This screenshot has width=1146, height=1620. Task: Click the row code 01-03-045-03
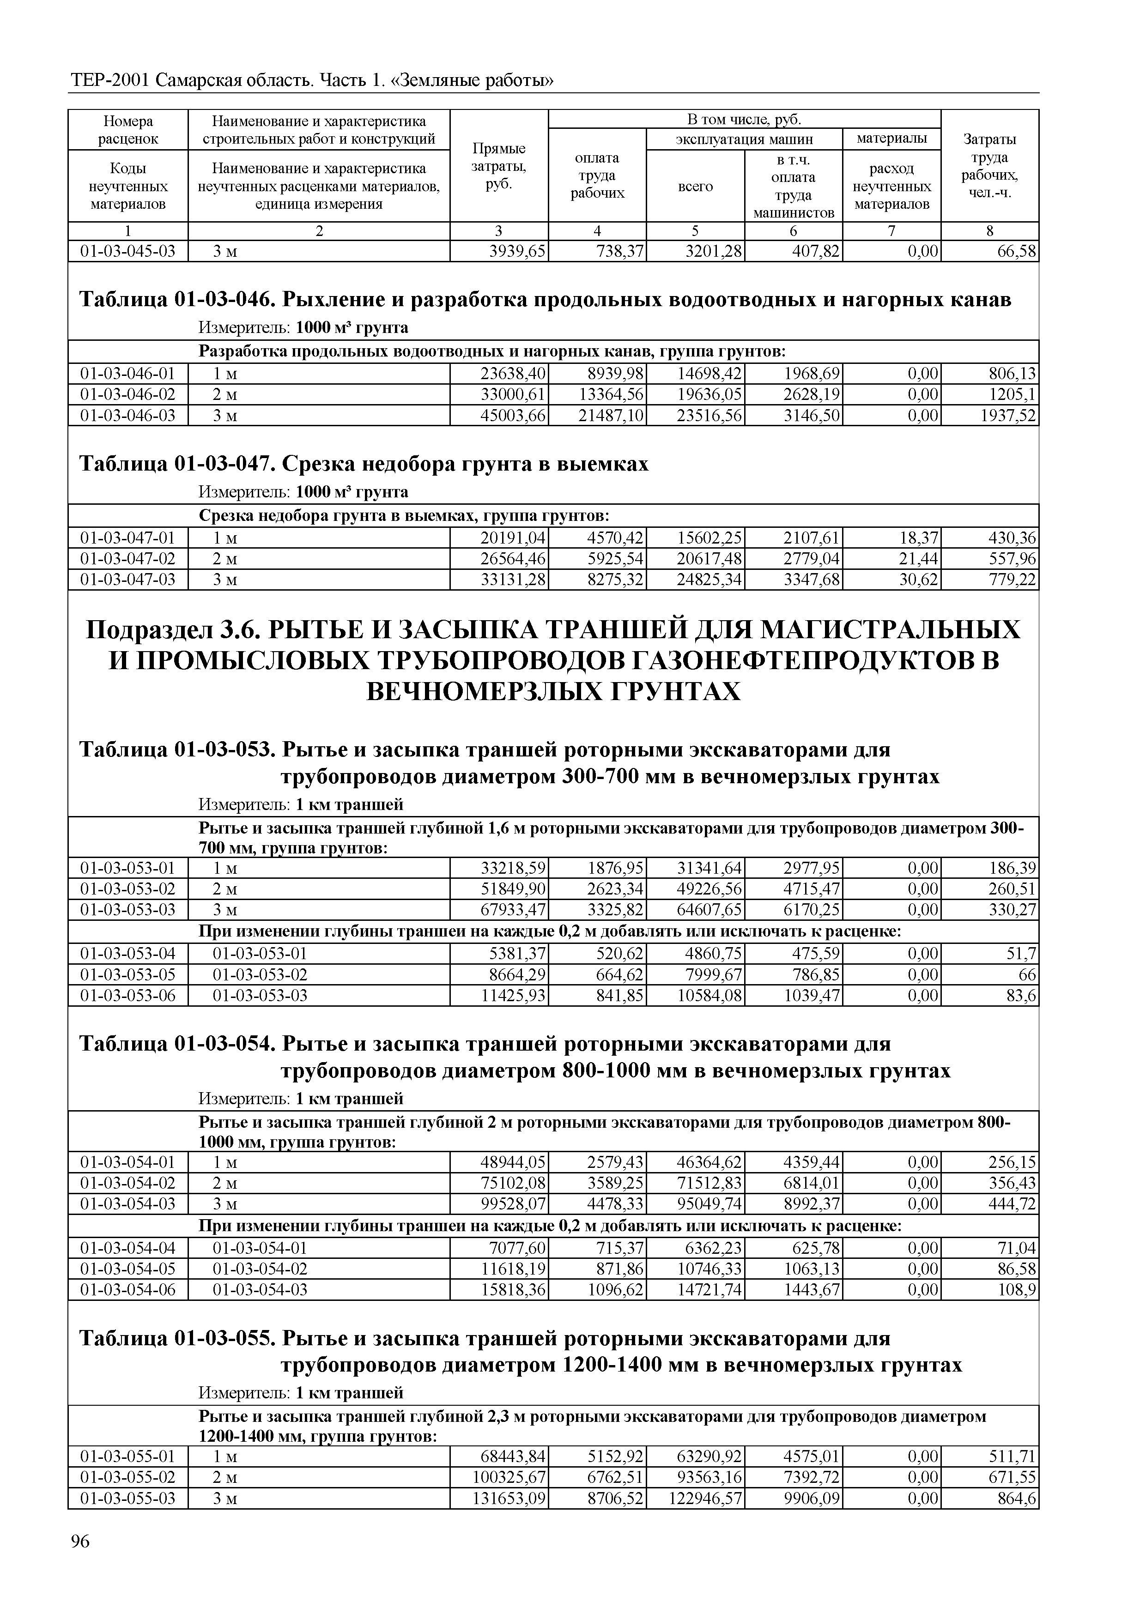[128, 251]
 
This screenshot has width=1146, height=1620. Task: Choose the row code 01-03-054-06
[128, 1290]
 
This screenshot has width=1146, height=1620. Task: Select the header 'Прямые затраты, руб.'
[498, 167]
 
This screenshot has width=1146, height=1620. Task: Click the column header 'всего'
[695, 186]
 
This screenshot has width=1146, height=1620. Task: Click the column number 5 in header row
[695, 231]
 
